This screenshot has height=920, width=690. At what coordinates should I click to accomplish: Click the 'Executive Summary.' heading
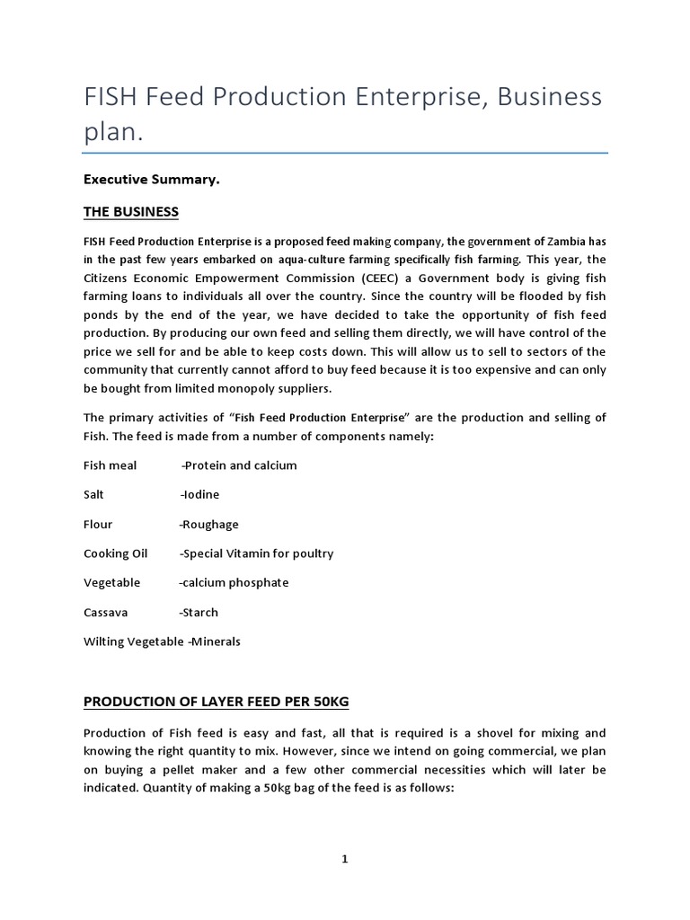click(x=151, y=180)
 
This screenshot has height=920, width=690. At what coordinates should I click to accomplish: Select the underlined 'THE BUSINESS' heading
click(x=130, y=212)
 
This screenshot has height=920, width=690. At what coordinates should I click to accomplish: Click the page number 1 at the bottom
click(x=345, y=860)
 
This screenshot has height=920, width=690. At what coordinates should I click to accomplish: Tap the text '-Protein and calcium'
click(x=238, y=465)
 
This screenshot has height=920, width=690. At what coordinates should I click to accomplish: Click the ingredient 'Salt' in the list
click(x=94, y=495)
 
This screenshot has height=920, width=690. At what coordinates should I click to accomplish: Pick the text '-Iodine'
click(x=199, y=495)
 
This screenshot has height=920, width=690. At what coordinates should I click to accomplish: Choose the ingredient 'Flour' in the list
click(x=98, y=524)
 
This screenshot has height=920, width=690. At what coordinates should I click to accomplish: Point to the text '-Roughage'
click(x=208, y=524)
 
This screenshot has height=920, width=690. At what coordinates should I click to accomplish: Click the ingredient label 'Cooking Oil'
click(x=115, y=553)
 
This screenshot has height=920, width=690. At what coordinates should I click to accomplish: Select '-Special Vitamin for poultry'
click(x=256, y=553)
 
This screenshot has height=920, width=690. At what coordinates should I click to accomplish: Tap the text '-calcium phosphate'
click(x=234, y=582)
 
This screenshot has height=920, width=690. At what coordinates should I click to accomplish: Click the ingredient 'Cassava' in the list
click(x=106, y=612)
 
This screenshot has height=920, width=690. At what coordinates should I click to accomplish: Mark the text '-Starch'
click(x=199, y=612)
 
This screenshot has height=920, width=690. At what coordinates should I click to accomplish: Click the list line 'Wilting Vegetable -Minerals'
click(x=162, y=641)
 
